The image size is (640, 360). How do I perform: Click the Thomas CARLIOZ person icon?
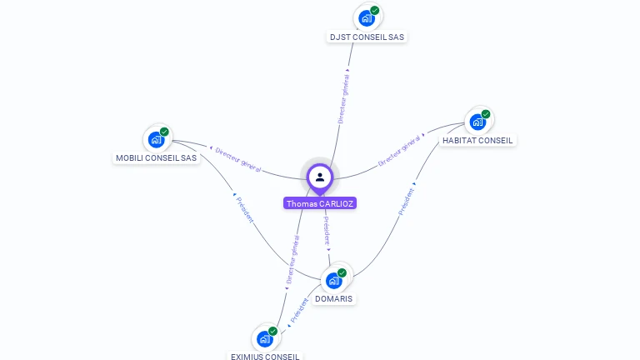(x=320, y=177)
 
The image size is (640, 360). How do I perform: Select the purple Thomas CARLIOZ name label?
(x=320, y=203)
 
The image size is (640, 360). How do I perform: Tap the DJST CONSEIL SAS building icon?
(x=367, y=18)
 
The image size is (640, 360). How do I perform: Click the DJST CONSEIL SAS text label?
(x=367, y=37)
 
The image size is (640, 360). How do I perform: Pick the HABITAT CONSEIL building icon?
(x=477, y=122)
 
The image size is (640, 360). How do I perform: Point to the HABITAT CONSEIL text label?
(x=478, y=140)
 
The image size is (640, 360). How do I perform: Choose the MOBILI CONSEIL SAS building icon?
(x=156, y=139)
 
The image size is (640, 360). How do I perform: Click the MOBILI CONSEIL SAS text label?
(x=157, y=157)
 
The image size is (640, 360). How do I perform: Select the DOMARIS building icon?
(x=333, y=280)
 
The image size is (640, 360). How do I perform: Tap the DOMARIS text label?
(x=333, y=298)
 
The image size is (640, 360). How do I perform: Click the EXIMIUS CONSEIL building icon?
(x=264, y=338)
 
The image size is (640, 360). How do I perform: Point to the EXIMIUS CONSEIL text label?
(x=265, y=356)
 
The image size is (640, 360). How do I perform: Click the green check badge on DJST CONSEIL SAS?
(x=375, y=10)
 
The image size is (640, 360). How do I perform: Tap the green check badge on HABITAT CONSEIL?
(x=486, y=114)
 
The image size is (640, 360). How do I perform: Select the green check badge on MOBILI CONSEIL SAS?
(x=164, y=132)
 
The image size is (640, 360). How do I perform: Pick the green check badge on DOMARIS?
(x=342, y=272)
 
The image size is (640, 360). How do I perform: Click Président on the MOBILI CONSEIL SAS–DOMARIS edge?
(x=244, y=208)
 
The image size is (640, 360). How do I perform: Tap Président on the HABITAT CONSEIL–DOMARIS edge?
(x=407, y=201)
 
